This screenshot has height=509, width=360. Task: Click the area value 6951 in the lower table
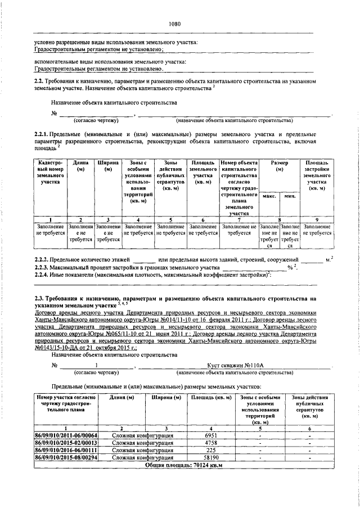point(211,435)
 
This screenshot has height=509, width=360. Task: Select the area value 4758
point(211,443)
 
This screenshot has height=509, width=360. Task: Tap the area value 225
point(211,450)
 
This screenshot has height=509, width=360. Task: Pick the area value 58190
point(211,457)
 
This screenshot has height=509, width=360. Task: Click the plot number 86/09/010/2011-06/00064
point(66,435)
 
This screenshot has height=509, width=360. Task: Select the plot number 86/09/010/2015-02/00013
point(66,443)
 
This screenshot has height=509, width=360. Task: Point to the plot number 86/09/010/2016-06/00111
point(66,450)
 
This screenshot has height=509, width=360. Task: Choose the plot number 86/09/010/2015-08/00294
point(66,457)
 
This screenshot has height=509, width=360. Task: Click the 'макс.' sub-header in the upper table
point(268,195)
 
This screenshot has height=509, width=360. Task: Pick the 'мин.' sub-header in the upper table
point(290,195)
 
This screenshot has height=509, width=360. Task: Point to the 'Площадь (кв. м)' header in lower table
point(210,399)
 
